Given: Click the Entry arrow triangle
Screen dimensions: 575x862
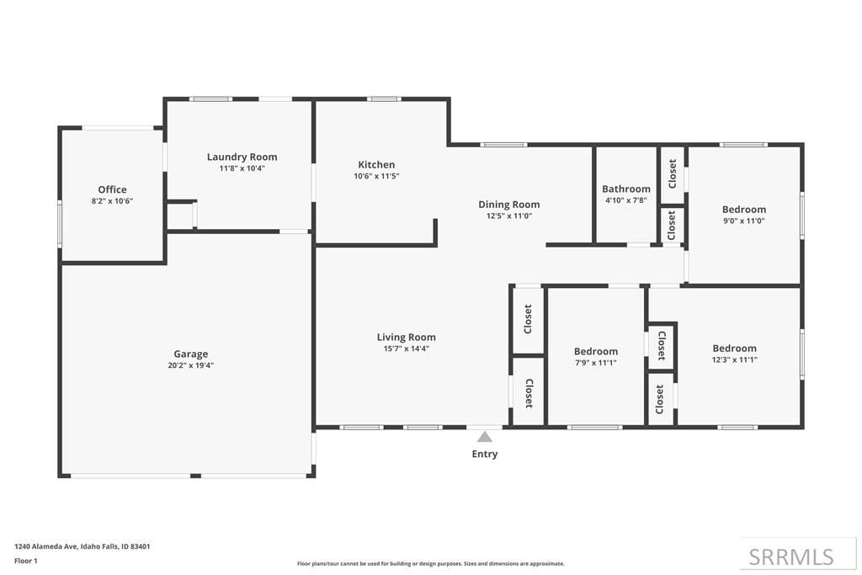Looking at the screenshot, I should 484,436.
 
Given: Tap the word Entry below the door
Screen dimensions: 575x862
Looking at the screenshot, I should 484,455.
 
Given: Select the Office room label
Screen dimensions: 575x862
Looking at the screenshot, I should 112,189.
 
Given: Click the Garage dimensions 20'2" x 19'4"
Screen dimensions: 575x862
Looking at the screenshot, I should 191,365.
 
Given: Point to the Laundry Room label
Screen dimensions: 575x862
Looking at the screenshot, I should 242,157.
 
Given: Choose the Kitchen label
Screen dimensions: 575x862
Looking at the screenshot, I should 376,164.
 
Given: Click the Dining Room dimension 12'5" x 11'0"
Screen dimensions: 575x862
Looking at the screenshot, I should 508,216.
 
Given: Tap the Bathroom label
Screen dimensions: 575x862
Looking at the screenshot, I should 625,189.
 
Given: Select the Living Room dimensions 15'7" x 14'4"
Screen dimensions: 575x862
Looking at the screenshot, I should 406,349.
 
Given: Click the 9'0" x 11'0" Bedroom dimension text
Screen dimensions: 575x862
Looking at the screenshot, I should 744,221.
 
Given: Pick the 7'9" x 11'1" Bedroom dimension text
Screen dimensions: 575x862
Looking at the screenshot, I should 596,363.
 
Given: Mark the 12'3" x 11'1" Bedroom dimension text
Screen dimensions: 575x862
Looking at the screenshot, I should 734,359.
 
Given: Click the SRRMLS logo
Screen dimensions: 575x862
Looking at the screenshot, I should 791,556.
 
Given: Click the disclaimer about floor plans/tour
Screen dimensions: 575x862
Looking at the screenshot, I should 430,564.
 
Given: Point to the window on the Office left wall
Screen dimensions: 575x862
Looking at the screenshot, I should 60,225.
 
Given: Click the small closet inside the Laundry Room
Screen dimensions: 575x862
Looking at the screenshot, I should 179,216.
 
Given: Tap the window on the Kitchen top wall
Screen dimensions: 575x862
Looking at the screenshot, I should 384,99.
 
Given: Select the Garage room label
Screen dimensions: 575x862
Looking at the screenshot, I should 191,354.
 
